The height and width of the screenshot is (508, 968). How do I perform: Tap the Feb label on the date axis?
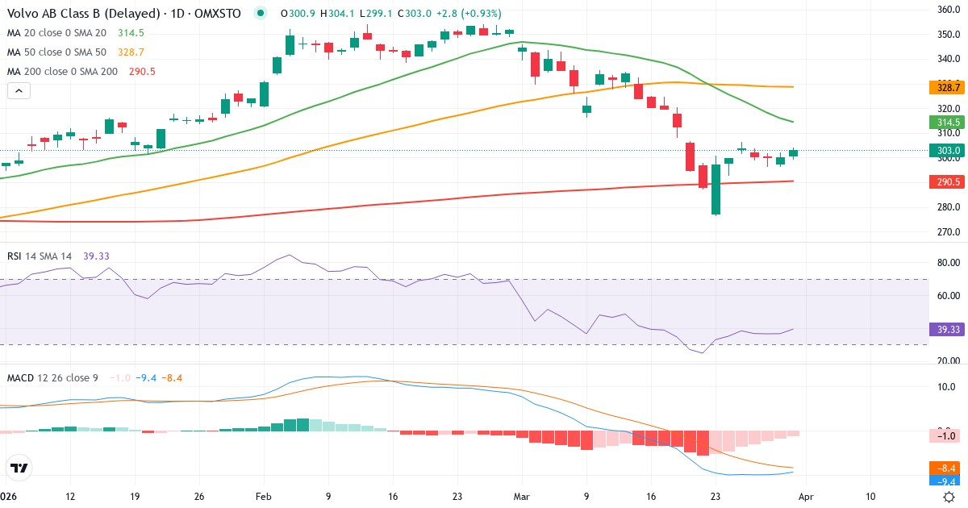pyautogui.click(x=265, y=496)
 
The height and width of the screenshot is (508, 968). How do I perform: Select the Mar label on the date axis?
pyautogui.click(x=522, y=496)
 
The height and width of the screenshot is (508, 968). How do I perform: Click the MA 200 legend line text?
pyautogui.click(x=62, y=72)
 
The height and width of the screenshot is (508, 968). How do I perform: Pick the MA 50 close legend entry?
pyautogui.click(x=56, y=52)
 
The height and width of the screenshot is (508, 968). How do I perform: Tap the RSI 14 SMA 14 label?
pyautogui.click(x=40, y=256)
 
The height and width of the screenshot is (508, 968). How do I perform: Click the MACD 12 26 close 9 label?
pyautogui.click(x=52, y=377)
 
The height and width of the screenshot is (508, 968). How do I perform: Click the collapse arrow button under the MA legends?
pyautogui.click(x=19, y=91)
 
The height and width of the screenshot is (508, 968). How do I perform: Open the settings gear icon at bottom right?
pyautogui.click(x=949, y=497)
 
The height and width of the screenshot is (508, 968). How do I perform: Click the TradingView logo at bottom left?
pyautogui.click(x=19, y=468)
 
